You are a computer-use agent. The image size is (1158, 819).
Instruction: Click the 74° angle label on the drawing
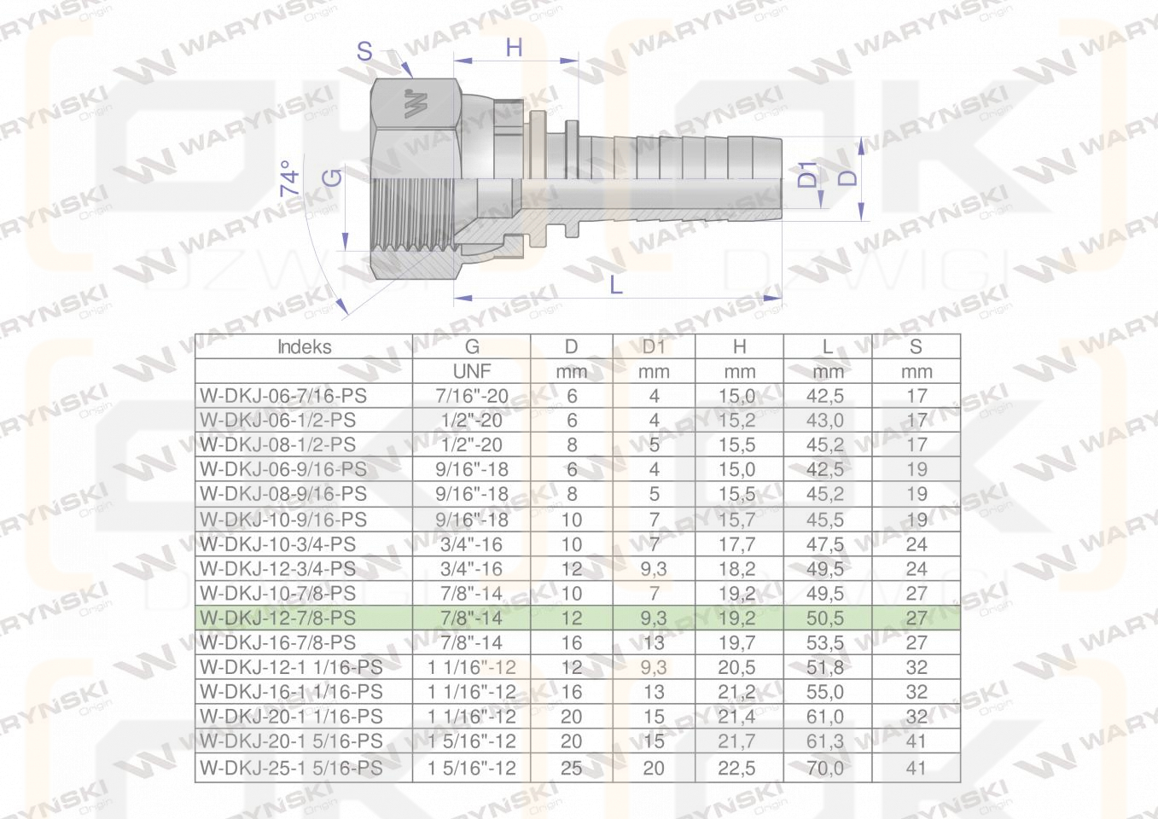pos(290,178)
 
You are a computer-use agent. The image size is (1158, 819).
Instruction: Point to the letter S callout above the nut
pos(364,51)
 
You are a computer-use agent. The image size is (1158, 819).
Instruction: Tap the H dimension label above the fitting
pos(514,48)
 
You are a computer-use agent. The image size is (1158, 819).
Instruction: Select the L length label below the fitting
pos(616,284)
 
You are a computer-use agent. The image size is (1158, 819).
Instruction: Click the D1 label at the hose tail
pos(807,174)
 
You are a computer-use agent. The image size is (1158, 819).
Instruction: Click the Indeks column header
pos(305,346)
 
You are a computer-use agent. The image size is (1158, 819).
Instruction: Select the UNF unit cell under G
pos(471,371)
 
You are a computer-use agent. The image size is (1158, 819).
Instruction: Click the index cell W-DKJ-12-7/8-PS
pos(278,618)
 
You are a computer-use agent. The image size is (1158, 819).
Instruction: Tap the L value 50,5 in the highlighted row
pos(824,618)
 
